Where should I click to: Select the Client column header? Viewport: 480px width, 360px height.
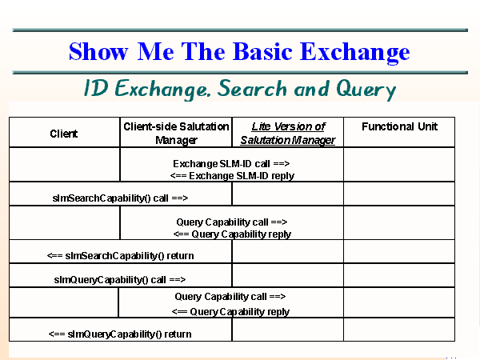[64, 134]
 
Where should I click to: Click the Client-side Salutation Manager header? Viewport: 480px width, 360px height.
[175, 133]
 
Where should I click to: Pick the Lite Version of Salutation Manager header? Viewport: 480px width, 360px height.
[287, 133]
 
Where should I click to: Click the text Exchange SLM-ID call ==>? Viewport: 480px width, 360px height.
[231, 163]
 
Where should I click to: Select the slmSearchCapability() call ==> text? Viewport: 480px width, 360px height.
[120, 196]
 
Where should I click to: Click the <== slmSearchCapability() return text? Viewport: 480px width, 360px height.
[121, 255]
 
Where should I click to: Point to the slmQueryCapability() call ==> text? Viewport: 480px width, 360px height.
[120, 279]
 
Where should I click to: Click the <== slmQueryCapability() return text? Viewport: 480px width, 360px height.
[120, 333]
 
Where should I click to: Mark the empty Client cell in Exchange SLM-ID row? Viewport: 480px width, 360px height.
[64, 166]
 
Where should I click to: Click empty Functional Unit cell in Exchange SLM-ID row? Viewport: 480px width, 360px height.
[398, 166]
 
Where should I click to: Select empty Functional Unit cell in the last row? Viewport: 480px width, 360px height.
[398, 330]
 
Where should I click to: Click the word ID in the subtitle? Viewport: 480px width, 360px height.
[95, 89]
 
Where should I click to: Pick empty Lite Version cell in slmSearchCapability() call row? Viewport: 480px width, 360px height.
[287, 194]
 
